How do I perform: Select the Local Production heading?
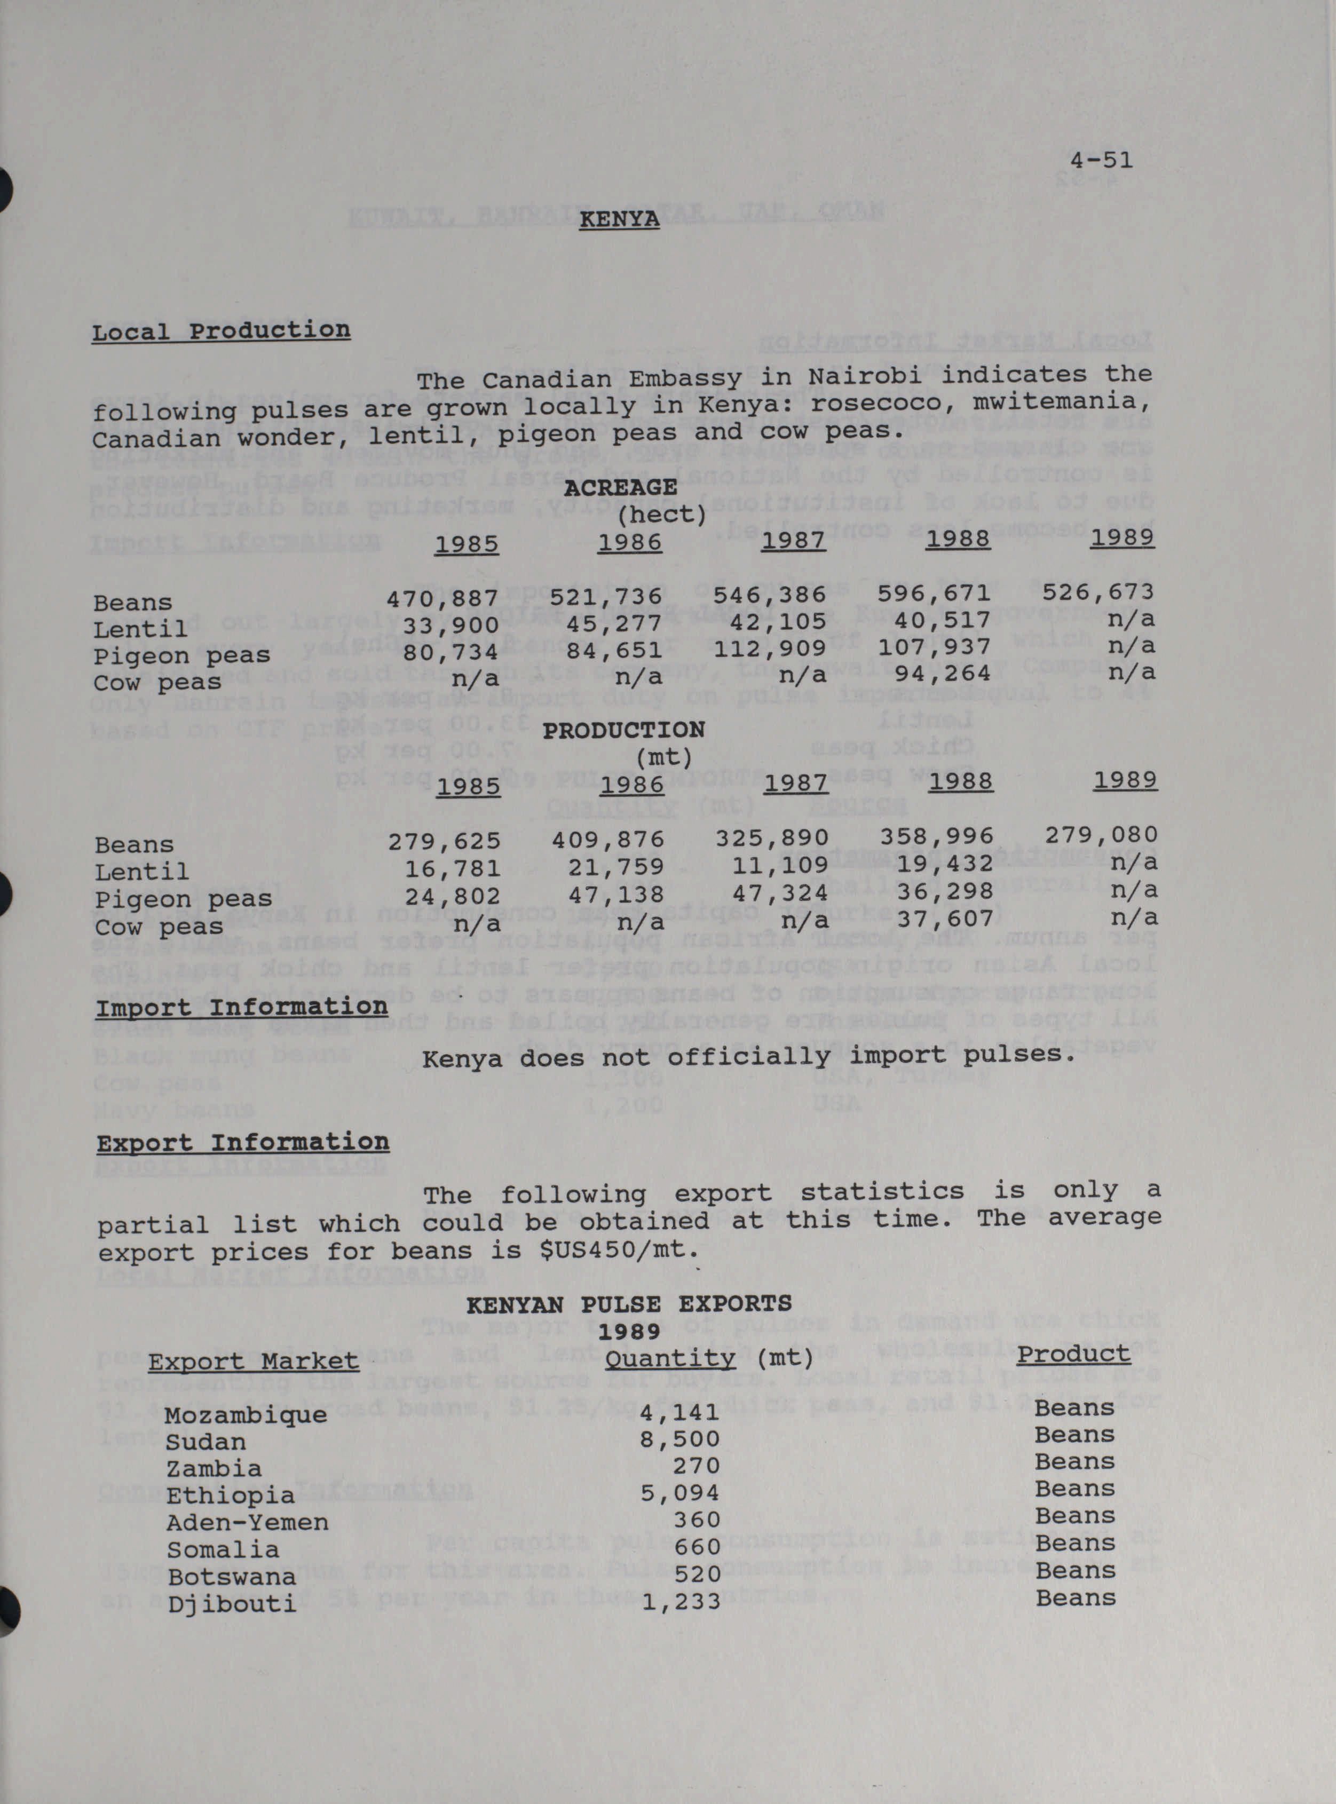221,331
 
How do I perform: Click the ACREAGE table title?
620,488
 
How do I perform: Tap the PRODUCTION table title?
623,730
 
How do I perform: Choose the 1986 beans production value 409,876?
608,840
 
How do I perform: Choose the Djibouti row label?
232,1603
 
